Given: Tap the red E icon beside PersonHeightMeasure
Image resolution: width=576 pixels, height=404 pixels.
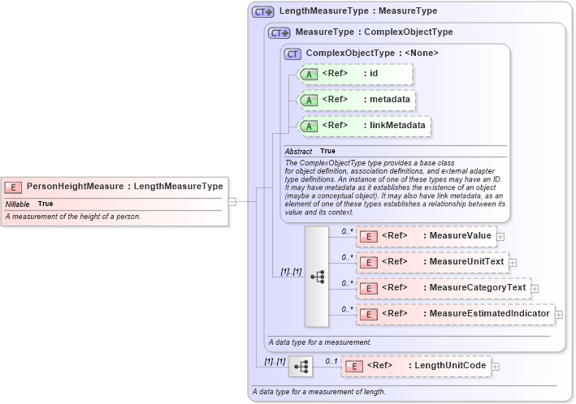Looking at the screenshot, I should click(15, 187).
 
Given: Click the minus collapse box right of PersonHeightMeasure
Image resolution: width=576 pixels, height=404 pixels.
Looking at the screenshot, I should click(232, 201).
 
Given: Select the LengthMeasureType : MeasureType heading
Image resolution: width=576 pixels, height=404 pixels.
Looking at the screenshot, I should click(357, 11).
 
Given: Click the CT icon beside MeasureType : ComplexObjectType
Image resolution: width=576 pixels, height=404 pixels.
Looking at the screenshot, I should click(279, 32).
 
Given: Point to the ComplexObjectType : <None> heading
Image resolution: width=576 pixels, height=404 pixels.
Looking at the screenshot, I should click(372, 53).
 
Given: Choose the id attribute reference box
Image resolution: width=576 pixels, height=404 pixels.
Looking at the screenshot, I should click(355, 74).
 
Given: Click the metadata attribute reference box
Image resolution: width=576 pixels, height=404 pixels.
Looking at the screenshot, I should click(357, 100).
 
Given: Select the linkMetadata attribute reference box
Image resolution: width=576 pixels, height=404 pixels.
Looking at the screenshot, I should click(364, 126).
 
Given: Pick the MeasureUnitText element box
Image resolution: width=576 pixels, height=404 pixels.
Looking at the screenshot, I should click(431, 262).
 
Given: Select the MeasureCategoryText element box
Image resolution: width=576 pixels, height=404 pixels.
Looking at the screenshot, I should click(443, 288).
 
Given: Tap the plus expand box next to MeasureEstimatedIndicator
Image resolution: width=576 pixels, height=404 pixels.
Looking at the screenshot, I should click(559, 314).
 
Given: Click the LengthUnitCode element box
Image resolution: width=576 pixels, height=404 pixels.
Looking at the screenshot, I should click(415, 366).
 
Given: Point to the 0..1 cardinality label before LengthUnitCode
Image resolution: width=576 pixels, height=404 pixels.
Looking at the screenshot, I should click(331, 360).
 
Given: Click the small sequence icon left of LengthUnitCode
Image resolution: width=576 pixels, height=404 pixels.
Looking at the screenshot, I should click(300, 367).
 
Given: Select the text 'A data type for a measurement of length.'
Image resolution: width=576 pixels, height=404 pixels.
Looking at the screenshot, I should click(318, 392).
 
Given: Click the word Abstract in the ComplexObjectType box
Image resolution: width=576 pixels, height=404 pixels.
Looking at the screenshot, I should click(298, 151).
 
